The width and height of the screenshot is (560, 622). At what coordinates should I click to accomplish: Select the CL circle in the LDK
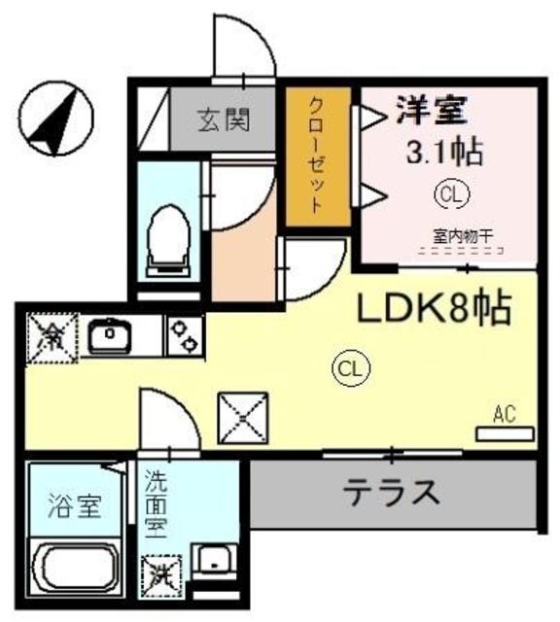point(350,366)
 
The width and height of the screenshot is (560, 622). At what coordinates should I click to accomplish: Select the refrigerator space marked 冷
point(47,337)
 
